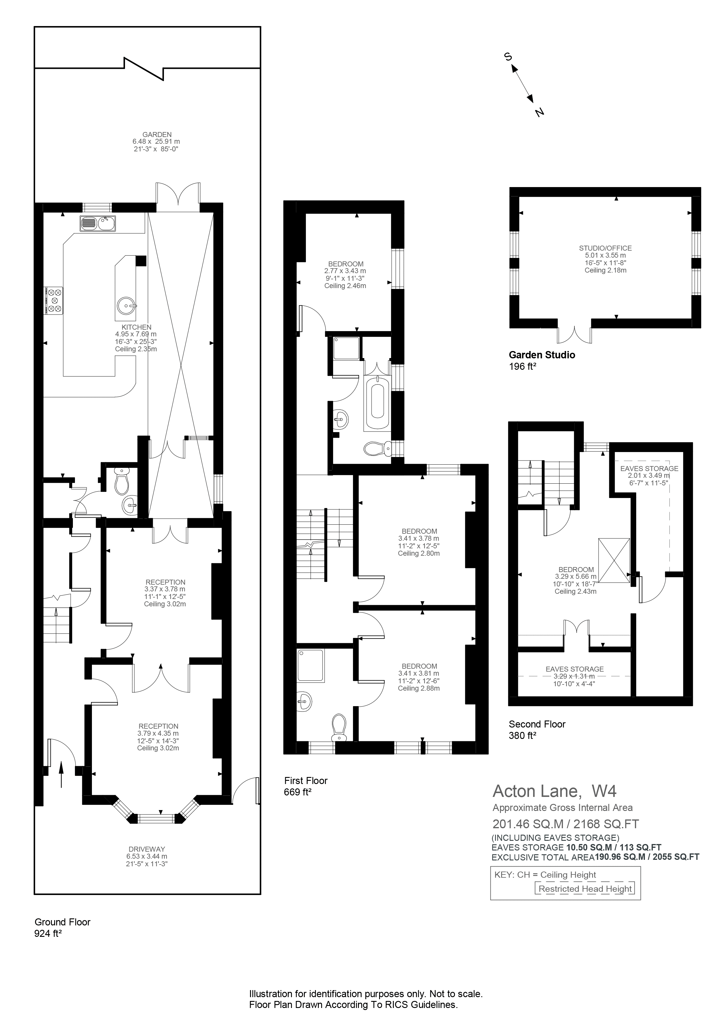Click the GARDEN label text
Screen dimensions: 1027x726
(157, 134)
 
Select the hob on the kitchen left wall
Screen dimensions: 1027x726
(54, 301)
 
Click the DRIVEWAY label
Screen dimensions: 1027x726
(147, 849)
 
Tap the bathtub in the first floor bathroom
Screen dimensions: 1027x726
(377, 403)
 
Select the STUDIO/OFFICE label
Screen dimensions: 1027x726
(605, 248)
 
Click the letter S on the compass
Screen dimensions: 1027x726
(508, 57)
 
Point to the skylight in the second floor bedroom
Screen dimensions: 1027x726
(614, 560)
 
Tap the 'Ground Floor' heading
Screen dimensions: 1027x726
(63, 922)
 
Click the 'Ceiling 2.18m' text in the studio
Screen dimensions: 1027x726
(605, 270)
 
